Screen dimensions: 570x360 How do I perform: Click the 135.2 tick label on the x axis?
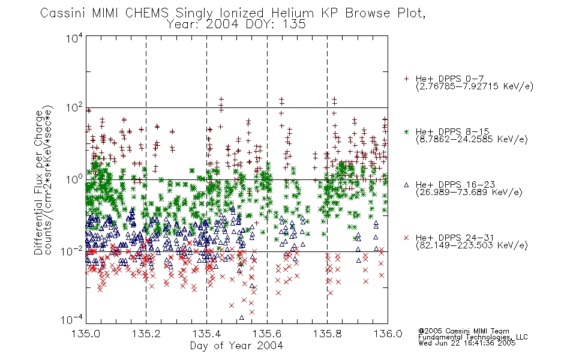146,334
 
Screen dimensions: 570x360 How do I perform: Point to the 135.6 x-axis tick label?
267,334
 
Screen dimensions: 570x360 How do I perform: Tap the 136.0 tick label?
388,334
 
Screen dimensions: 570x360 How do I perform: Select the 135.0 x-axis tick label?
86,334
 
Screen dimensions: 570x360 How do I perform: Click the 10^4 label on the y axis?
74,38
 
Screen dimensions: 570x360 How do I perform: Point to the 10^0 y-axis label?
74,179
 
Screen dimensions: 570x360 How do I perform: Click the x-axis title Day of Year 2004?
236,346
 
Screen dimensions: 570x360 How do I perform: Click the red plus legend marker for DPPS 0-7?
406,79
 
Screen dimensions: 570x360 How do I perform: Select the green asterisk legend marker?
406,131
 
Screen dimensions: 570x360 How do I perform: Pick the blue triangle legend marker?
406,185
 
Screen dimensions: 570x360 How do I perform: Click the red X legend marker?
406,238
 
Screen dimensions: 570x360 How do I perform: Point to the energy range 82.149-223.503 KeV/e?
472,245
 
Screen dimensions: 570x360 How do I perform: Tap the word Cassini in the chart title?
63,13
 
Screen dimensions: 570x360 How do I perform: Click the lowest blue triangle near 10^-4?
242,317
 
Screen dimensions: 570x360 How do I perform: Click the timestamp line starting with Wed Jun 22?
467,343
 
